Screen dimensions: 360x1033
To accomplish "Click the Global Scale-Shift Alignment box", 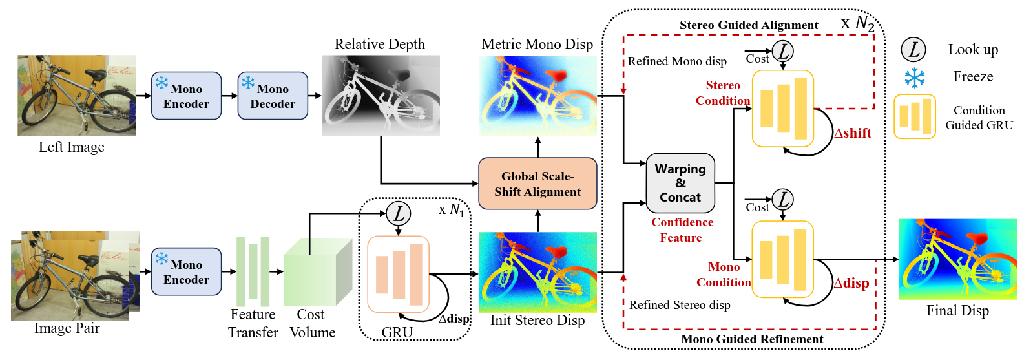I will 537,184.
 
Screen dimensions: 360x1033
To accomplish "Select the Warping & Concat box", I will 680,183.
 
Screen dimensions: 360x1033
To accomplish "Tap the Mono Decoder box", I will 273,96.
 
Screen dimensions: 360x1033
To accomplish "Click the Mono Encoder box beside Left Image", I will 186,96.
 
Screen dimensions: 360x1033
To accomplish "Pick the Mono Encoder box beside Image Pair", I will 186,271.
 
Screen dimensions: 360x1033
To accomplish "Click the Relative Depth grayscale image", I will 381,95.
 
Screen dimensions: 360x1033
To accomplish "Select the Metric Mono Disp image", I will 537,95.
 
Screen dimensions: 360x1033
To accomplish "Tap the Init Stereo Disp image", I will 537,271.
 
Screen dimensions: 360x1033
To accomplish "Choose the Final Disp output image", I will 957,259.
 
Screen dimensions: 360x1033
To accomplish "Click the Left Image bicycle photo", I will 76,95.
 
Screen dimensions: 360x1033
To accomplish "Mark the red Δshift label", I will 853,133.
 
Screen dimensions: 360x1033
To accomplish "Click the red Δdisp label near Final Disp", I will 851,283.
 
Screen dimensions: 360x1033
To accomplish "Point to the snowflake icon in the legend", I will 914,78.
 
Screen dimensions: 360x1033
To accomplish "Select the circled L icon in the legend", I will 913,49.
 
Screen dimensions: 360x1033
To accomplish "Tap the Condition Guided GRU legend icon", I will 914,117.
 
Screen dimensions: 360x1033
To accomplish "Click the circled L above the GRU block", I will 398,213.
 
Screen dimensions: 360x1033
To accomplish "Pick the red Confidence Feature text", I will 682,230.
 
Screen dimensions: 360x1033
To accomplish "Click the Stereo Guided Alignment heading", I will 749,25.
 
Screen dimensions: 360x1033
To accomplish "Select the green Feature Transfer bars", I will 253,271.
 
